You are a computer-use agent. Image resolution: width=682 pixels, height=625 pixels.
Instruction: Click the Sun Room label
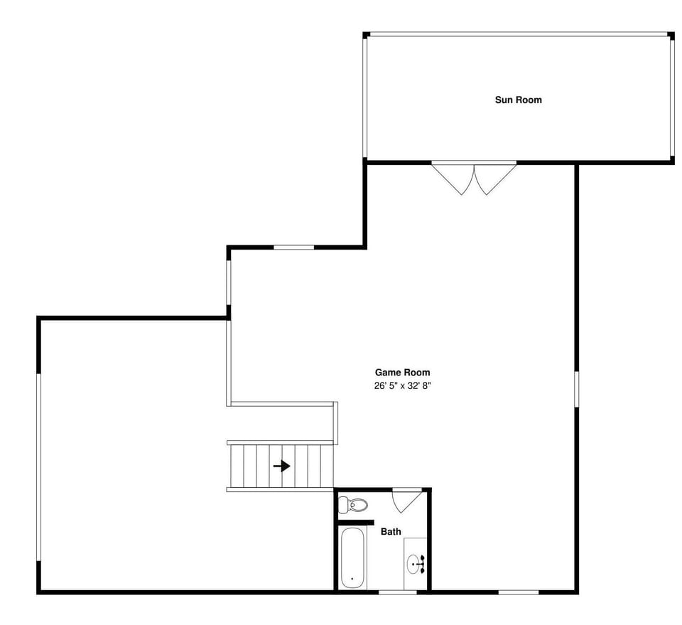(x=518, y=100)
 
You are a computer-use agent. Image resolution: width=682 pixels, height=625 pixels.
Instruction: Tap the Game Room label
(x=402, y=372)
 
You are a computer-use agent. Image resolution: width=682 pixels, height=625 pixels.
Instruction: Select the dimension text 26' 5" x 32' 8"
(x=403, y=386)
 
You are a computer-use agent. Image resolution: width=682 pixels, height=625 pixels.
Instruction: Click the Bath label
(x=391, y=531)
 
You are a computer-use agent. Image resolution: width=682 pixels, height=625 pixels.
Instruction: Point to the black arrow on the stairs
(x=282, y=466)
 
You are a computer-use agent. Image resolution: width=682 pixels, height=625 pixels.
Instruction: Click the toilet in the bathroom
(x=353, y=505)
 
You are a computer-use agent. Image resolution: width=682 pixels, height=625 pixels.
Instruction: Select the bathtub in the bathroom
(x=352, y=557)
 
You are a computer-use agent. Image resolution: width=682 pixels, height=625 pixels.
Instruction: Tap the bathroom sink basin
(x=415, y=565)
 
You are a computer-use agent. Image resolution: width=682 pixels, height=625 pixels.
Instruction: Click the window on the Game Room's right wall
(x=576, y=388)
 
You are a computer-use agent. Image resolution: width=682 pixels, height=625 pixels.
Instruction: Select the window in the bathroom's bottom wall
(x=397, y=592)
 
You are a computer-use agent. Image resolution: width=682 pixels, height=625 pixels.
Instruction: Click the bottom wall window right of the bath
(x=518, y=592)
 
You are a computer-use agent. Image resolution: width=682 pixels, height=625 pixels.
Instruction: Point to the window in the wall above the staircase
(x=293, y=247)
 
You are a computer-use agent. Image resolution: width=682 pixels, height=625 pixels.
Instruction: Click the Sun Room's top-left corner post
(x=366, y=35)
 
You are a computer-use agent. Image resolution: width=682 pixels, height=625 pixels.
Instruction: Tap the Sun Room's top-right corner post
(x=671, y=35)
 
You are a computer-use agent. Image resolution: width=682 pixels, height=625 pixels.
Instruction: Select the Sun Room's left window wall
(x=365, y=97)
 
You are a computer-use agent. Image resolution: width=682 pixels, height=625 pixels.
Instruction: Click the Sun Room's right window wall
(x=671, y=97)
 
